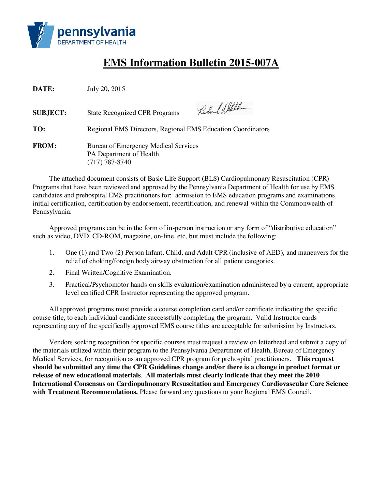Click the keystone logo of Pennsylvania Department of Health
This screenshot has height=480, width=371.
[41, 35]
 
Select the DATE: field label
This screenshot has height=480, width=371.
[43, 89]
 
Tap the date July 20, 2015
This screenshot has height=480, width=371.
[106, 89]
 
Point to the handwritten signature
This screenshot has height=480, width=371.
[224, 109]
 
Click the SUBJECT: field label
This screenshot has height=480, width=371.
[49, 113]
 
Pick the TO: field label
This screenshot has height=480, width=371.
[39, 129]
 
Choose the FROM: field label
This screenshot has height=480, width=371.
[44, 146]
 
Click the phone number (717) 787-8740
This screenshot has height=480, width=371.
[109, 162]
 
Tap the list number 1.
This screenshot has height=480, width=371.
[51, 253]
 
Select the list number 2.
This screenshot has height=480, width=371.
[51, 273]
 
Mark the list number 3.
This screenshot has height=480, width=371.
[51, 285]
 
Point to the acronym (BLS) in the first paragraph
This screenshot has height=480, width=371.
[211, 179]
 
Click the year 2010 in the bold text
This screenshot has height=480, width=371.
[312, 375]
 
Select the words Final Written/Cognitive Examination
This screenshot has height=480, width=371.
[118, 273]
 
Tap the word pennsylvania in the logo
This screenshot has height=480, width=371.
[97, 32]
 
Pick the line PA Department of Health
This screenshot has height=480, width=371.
[123, 154]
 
